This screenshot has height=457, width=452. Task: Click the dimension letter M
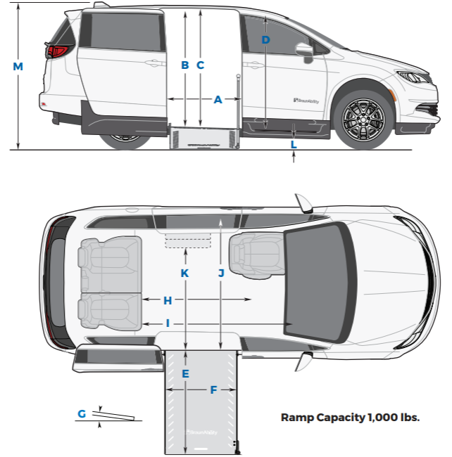click(x=18, y=66)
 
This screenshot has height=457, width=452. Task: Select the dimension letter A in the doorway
click(x=218, y=101)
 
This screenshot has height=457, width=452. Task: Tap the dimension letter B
click(x=185, y=65)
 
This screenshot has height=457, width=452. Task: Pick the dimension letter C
click(x=201, y=65)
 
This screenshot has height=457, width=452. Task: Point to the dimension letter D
click(x=265, y=40)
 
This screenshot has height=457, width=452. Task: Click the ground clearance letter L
click(x=294, y=144)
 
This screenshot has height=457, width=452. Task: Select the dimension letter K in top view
click(x=185, y=273)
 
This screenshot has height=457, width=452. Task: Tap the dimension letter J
click(x=221, y=273)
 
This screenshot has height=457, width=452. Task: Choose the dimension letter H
click(x=168, y=300)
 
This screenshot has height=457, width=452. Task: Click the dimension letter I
click(x=168, y=323)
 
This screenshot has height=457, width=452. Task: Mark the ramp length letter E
click(x=185, y=374)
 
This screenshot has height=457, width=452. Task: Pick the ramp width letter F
click(x=213, y=390)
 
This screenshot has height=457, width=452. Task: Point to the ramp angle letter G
click(x=82, y=414)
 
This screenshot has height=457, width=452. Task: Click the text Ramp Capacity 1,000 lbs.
click(x=350, y=417)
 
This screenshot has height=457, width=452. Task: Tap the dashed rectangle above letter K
click(x=188, y=242)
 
